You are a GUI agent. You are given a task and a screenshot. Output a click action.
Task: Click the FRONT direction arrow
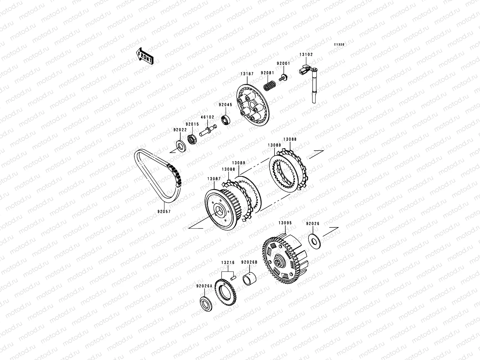click(144, 56)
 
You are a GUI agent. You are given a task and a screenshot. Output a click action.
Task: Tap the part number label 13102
click(306, 55)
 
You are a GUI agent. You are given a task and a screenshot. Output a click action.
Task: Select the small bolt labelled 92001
click(283, 78)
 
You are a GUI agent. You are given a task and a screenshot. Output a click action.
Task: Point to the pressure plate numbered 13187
click(253, 105)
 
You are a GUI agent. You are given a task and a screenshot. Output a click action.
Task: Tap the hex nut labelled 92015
click(192, 139)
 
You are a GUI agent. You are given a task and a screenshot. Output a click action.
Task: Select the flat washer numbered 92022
click(181, 146)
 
